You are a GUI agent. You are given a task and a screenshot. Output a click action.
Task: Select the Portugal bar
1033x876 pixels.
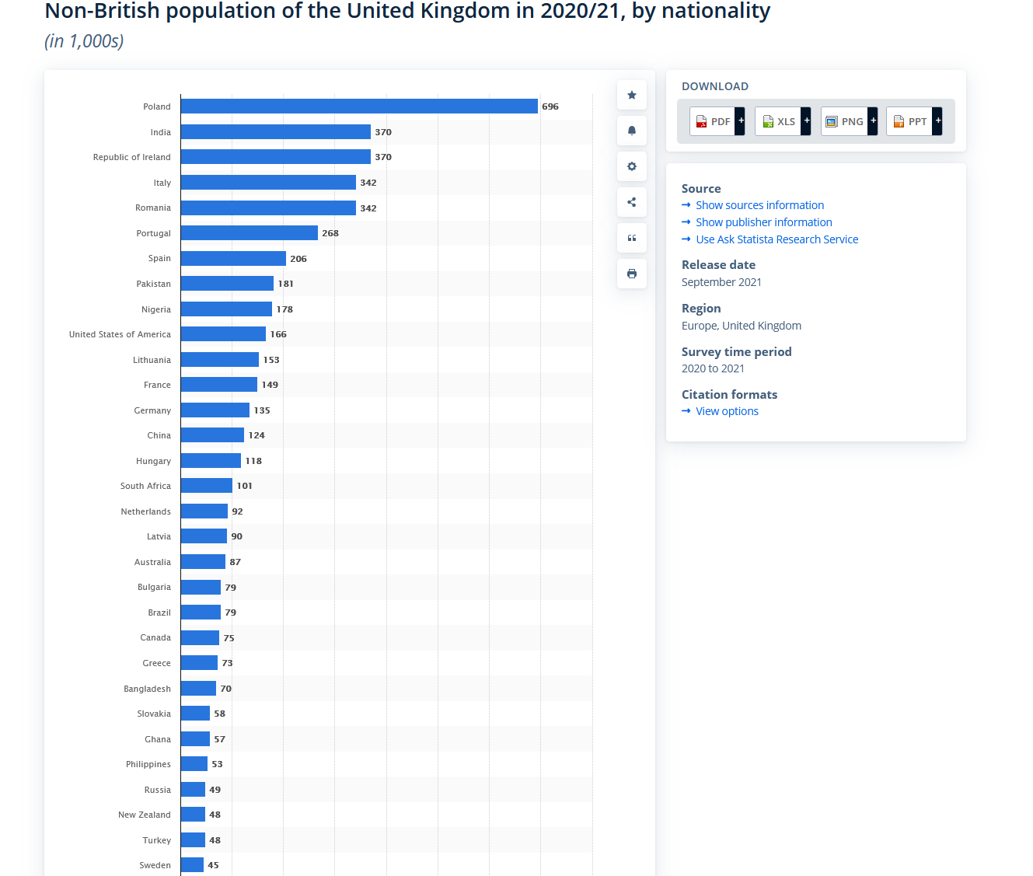[250, 233]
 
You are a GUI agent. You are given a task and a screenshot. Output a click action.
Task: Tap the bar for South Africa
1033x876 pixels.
[207, 486]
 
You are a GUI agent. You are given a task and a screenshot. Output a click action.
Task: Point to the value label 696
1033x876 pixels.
[550, 106]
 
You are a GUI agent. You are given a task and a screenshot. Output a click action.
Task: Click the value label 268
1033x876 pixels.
[330, 233]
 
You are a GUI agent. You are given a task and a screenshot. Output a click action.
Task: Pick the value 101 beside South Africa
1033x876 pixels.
[244, 486]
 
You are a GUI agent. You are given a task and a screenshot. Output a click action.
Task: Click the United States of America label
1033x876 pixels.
[120, 334]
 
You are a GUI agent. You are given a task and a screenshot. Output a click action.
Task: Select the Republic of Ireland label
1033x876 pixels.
[131, 157]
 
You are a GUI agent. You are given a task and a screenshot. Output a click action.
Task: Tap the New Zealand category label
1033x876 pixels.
[144, 815]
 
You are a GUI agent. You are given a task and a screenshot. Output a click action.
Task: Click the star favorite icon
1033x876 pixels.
[632, 95]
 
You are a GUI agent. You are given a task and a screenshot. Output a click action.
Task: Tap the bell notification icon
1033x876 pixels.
[632, 131]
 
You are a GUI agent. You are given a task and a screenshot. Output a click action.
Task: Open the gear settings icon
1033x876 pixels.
[632, 166]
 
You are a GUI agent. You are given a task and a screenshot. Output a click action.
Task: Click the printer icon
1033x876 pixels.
[632, 274]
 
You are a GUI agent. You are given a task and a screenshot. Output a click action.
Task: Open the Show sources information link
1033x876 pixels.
[759, 205]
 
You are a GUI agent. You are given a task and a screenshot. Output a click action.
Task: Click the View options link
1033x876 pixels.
[727, 411]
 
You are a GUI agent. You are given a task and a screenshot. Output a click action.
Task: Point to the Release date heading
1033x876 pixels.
[718, 265]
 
